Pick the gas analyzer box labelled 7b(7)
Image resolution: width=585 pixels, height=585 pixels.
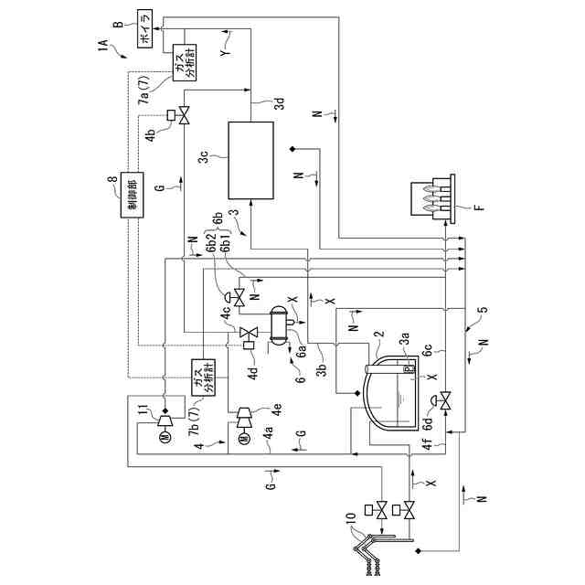[x=200, y=377]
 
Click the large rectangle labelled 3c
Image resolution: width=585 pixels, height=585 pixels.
[x=250, y=161]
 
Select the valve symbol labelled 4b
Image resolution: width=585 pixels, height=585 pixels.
[x=183, y=116]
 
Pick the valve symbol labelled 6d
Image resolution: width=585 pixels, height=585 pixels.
[x=445, y=399]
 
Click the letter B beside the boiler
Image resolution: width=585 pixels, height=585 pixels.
[x=118, y=27]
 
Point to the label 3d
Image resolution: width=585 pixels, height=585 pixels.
[x=281, y=103]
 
